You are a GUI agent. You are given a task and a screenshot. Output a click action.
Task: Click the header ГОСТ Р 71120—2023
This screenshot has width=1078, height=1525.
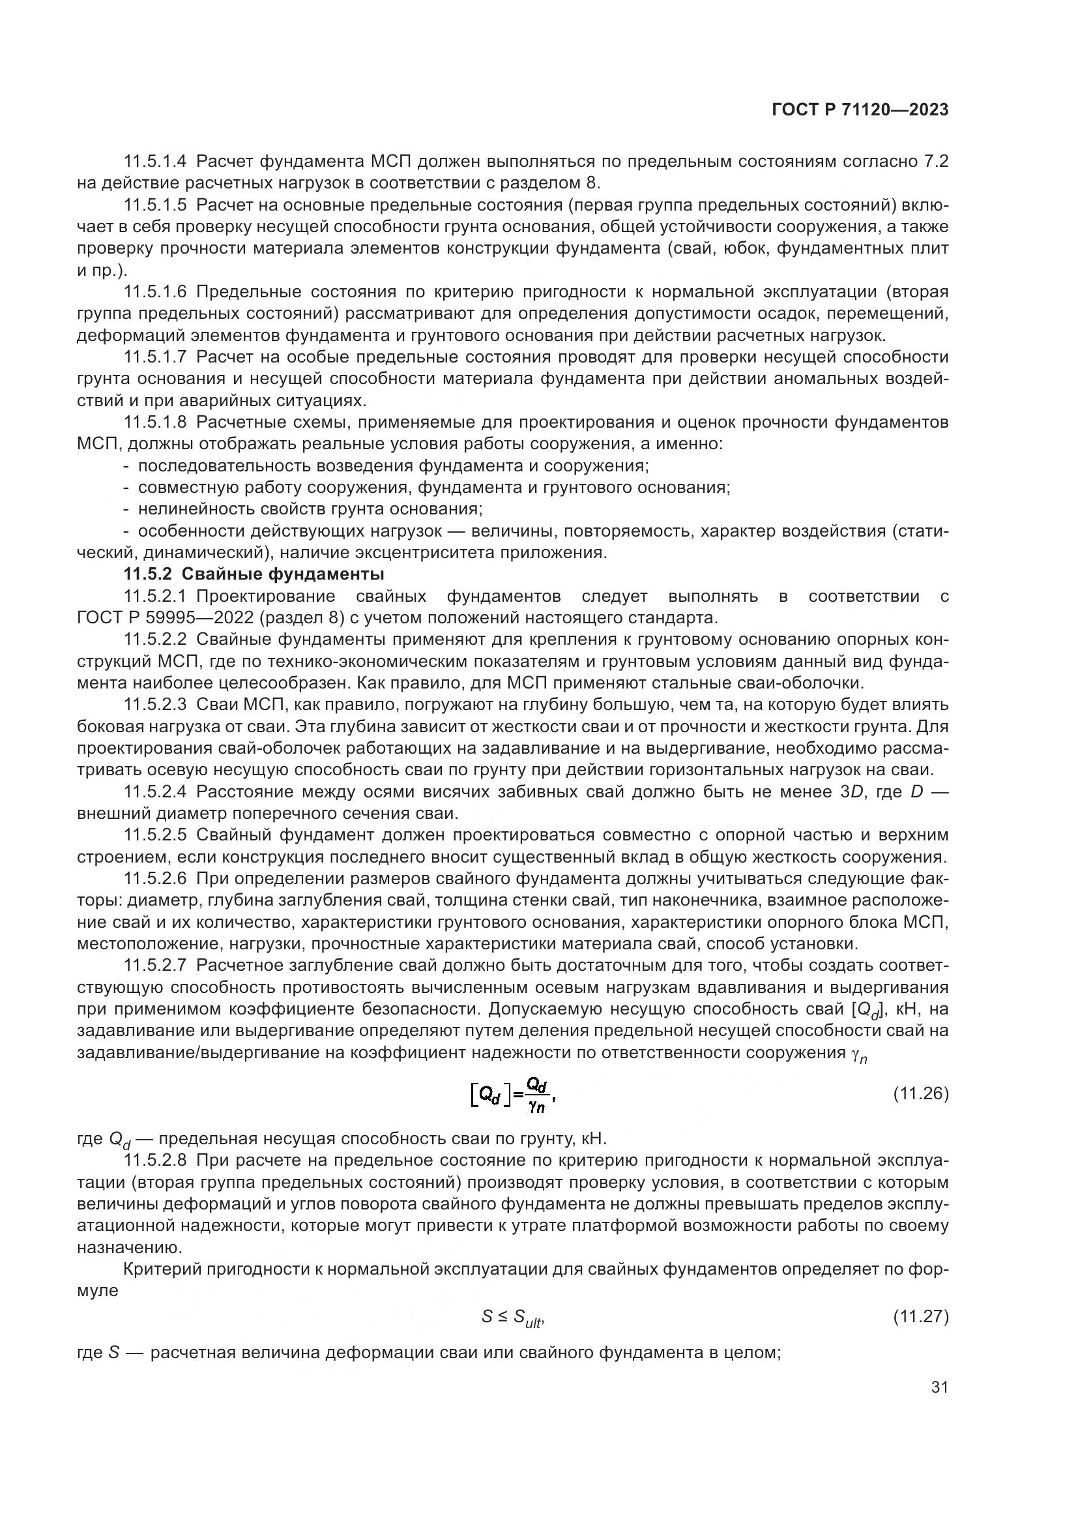[860, 110]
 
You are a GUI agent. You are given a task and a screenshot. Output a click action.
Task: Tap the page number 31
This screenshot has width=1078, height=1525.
[939, 1387]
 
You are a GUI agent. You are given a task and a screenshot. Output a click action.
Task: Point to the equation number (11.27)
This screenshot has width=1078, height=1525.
[921, 1316]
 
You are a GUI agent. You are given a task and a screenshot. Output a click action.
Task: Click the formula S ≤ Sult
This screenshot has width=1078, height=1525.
[513, 1316]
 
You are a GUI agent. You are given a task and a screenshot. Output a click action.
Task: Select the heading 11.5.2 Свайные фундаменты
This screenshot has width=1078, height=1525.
[254, 574]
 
